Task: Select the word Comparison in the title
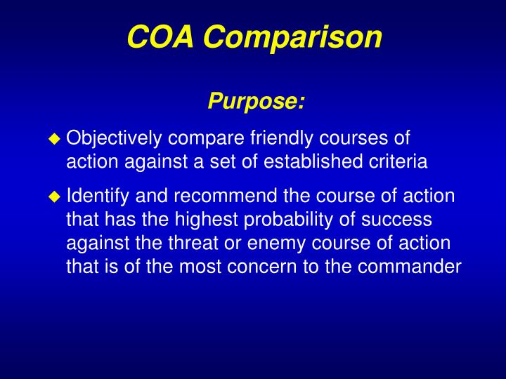[x=294, y=38]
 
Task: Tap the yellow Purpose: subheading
[x=257, y=102]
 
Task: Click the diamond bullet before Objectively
[x=55, y=139]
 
